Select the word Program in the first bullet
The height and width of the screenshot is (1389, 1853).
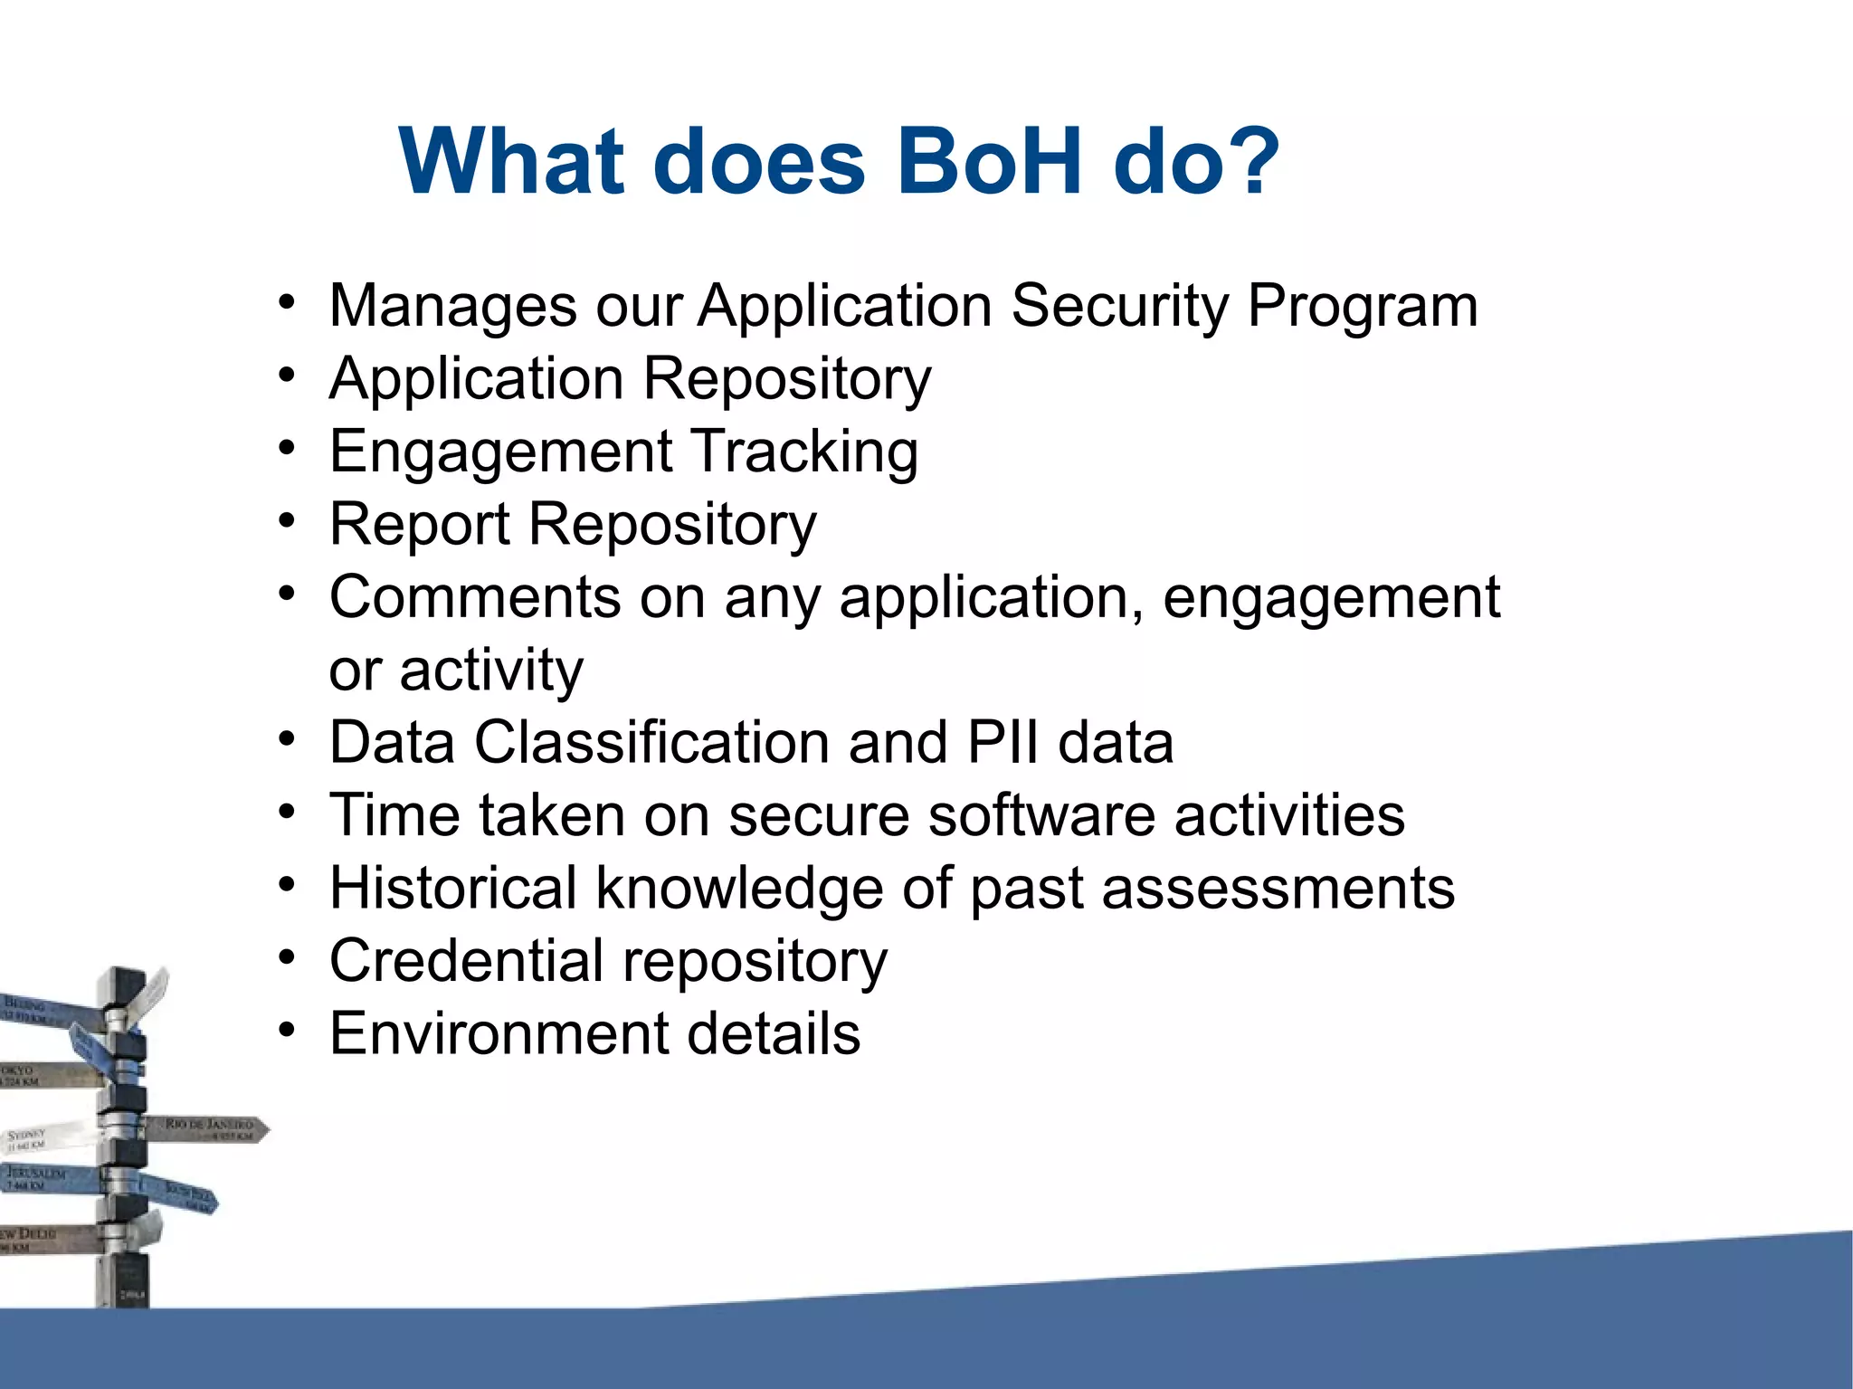click(1363, 308)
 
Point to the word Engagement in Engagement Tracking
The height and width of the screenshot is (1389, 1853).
click(501, 452)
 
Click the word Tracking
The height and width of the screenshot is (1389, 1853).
click(805, 452)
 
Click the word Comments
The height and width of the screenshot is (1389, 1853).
click(475, 597)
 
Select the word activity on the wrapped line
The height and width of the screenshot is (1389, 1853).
click(491, 671)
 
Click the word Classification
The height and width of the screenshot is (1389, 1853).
click(651, 742)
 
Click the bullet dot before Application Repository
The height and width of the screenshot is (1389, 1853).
click(287, 374)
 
